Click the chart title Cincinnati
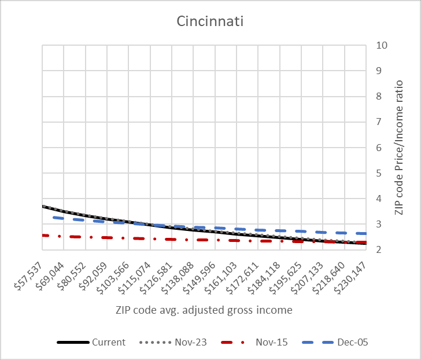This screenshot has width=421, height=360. [x=211, y=23]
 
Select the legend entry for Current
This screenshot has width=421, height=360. [x=108, y=342]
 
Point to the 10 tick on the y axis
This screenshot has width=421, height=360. [x=382, y=46]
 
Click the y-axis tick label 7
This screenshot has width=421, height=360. [x=379, y=122]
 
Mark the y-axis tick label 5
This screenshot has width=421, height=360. [x=379, y=173]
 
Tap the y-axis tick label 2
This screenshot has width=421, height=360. [x=379, y=250]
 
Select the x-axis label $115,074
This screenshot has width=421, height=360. [x=137, y=271]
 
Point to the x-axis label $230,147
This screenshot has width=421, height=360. [x=353, y=271]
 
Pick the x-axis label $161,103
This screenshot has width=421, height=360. [x=223, y=271]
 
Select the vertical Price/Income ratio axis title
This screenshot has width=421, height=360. [x=399, y=148]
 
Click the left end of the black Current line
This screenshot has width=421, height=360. [x=43, y=206]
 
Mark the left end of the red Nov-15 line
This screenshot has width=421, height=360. [x=43, y=235]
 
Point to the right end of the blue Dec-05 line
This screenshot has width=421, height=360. [x=365, y=233]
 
